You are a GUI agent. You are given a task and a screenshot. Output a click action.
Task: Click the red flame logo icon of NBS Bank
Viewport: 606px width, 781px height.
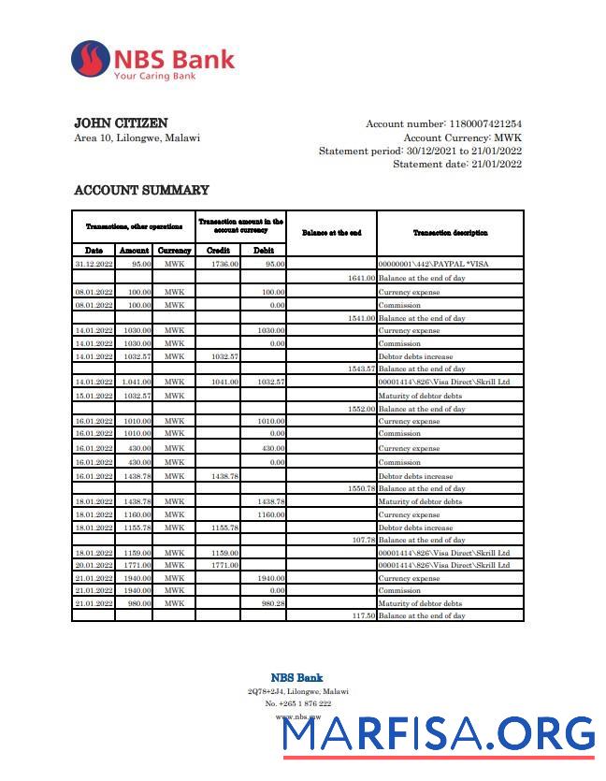coord(91,60)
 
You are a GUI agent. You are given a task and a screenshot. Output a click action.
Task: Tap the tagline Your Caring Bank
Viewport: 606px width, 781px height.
coord(154,76)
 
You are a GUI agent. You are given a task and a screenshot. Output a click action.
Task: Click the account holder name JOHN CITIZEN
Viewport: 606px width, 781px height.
coord(121,123)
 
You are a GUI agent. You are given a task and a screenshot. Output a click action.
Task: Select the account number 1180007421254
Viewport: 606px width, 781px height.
coord(485,124)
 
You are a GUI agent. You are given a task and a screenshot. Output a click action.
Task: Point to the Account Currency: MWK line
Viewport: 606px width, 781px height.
coord(462,137)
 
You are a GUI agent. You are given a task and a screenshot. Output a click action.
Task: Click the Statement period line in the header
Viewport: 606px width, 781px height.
coord(420,151)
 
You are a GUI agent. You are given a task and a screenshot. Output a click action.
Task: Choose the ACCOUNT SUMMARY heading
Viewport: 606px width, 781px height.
coord(141,190)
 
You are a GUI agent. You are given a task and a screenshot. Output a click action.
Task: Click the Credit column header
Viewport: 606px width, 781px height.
coord(217,251)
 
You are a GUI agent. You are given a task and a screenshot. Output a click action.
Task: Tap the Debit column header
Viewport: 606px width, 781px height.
coord(263,251)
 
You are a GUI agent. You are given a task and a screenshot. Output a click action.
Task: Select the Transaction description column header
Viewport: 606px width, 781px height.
coord(450,232)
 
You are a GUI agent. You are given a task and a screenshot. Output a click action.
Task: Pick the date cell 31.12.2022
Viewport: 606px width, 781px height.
coord(94,265)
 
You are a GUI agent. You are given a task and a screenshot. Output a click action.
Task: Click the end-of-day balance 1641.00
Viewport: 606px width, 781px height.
coord(360,278)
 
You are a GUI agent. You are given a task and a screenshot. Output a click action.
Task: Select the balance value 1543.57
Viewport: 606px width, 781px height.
coord(360,369)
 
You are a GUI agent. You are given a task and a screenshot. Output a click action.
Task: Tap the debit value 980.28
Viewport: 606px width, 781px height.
coord(272,603)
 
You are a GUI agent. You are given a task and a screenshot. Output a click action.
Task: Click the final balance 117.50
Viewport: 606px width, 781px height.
coord(362,615)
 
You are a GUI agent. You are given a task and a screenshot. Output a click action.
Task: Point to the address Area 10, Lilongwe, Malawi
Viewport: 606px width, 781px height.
coord(137,138)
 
